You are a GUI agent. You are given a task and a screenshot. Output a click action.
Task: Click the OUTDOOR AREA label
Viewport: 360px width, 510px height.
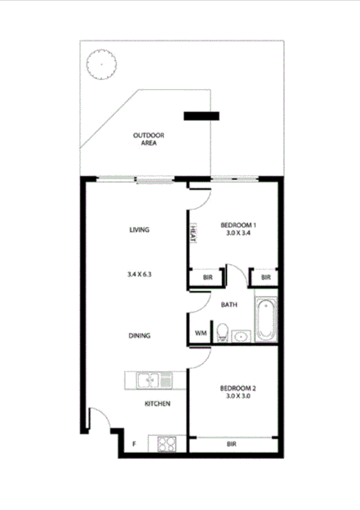pos(148,139)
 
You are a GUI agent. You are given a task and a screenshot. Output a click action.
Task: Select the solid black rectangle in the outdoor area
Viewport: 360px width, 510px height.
pos(201,116)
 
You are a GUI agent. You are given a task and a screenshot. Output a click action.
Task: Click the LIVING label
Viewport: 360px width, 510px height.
pos(139,230)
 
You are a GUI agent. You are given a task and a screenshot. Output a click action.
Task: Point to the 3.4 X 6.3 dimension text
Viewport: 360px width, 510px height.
pos(138,274)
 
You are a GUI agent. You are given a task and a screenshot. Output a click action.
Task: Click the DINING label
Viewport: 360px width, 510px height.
pos(139,336)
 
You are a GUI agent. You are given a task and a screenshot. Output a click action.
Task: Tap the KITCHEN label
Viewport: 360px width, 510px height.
pos(157,404)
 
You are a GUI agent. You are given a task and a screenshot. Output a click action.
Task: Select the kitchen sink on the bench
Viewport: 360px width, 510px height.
pos(148,380)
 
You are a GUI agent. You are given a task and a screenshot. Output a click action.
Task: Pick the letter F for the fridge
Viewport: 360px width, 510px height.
pos(134,446)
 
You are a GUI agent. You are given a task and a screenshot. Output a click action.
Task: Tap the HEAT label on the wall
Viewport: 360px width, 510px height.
pos(194,233)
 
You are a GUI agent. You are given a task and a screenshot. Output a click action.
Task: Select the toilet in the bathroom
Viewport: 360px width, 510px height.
pos(222,332)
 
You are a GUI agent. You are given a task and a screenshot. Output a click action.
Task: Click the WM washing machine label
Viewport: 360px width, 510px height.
pos(200,333)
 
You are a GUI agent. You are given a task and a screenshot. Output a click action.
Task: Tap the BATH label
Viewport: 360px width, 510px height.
pos(229,305)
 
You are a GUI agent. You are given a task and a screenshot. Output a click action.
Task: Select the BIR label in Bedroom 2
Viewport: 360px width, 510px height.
pos(232,444)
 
